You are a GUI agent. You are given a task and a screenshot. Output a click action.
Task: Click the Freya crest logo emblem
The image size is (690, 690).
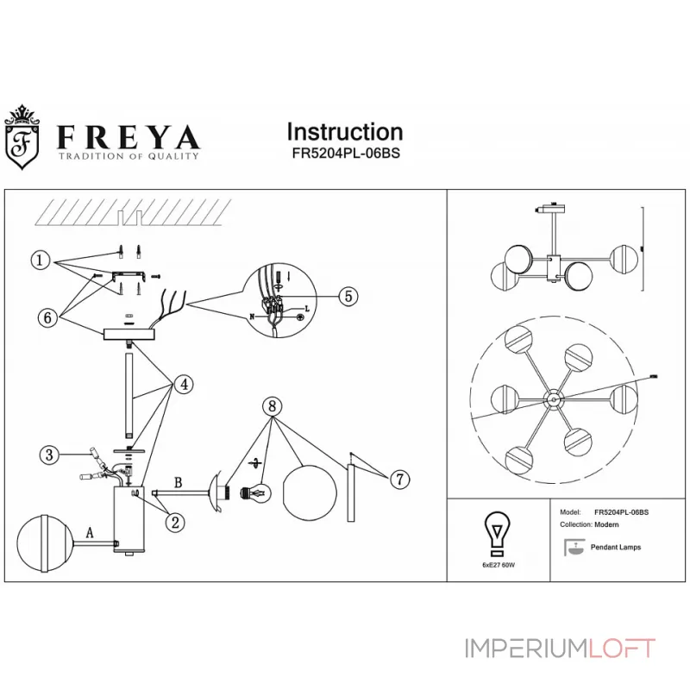[x=25, y=137]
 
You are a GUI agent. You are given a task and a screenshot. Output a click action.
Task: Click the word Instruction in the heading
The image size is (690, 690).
[x=344, y=132]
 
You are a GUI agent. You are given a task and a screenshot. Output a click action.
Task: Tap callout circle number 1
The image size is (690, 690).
[x=39, y=260]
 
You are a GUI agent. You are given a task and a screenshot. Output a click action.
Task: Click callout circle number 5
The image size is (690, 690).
[x=348, y=296]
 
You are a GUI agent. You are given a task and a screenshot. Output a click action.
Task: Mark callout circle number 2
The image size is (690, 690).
[x=175, y=520]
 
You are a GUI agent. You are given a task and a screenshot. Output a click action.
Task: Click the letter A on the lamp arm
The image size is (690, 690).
[x=90, y=534]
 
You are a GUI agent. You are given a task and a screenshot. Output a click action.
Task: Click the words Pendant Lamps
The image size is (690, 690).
[x=615, y=548]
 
